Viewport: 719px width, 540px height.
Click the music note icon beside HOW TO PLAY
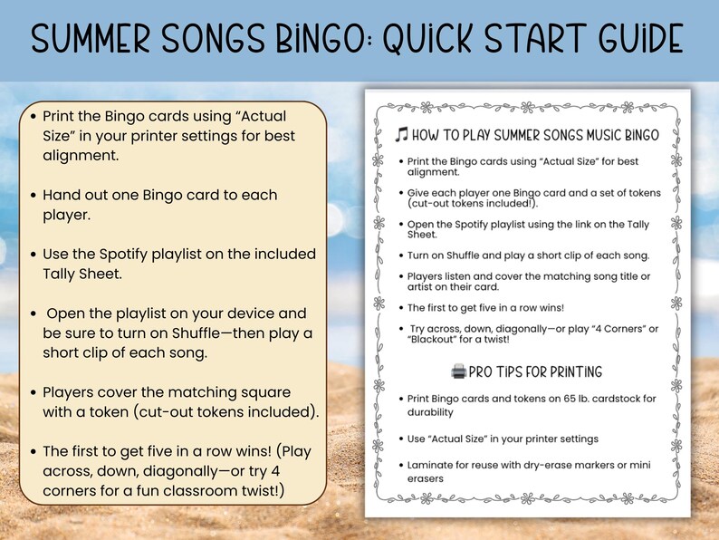click(x=402, y=136)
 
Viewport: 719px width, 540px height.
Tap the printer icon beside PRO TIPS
click(x=458, y=371)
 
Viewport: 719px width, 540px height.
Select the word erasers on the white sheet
click(x=426, y=478)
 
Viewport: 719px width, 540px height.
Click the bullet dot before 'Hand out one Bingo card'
click(x=34, y=195)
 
